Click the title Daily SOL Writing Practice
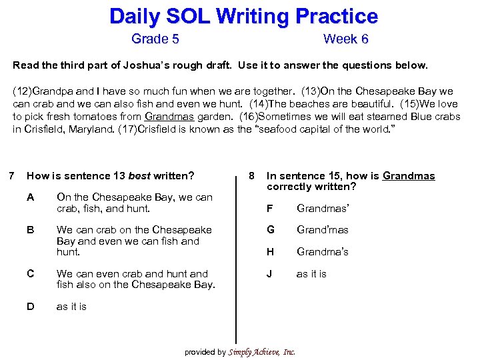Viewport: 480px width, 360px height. point(243,16)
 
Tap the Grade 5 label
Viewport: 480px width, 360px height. point(155,39)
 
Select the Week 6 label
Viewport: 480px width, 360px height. point(345,39)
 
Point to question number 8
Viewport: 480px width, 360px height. point(251,176)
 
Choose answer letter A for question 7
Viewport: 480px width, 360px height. point(31,197)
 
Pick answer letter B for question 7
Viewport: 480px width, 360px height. point(31,230)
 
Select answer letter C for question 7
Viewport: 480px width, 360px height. point(31,274)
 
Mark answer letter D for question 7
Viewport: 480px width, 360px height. point(31,307)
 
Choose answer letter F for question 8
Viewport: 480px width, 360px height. point(269,208)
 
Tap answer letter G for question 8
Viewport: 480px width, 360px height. point(270,230)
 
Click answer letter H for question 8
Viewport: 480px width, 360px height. point(270,252)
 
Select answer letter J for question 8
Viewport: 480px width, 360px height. point(269,274)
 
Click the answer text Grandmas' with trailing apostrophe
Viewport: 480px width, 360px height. point(323,208)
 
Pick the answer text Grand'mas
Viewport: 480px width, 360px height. point(323,230)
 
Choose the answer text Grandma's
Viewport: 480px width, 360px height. point(323,252)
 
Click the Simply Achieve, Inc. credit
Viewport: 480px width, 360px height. point(261,352)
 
